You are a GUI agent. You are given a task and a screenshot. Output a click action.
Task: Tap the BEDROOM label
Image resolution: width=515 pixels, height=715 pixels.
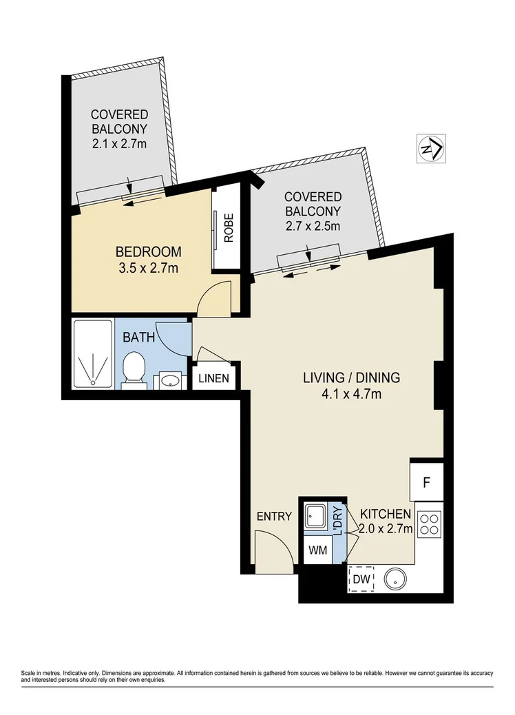tap(148, 251)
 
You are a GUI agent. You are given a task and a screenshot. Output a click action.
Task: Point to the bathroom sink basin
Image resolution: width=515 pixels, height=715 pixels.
tap(169, 380)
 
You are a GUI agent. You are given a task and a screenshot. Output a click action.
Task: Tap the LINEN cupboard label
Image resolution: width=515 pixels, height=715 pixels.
tap(214, 378)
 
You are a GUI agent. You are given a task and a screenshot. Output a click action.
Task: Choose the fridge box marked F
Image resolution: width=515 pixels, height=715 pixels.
tap(427, 480)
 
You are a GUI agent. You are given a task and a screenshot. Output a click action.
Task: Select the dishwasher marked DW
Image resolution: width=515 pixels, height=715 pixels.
tap(361, 580)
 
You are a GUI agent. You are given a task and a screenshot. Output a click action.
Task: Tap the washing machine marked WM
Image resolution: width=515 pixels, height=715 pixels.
tap(317, 551)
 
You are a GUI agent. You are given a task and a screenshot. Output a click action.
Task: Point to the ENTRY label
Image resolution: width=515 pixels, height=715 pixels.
tap(274, 516)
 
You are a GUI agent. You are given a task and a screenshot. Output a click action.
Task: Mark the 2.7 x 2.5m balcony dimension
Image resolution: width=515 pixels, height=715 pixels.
tap(313, 225)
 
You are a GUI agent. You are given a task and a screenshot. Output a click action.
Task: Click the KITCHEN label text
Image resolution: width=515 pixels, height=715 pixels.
tap(386, 514)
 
